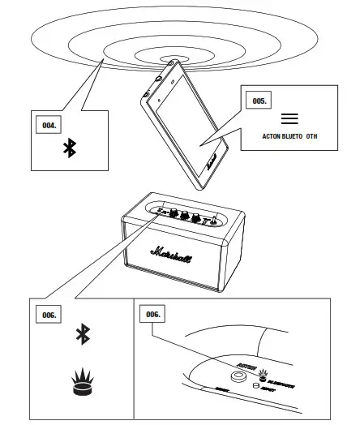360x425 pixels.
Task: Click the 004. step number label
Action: (50, 125)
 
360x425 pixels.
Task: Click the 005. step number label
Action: (260, 102)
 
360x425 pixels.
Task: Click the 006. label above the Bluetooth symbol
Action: (50, 313)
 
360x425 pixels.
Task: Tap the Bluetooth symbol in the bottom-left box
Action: (81, 335)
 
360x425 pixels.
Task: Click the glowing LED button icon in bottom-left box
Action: (81, 380)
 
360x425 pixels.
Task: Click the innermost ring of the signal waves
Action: (172, 59)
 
